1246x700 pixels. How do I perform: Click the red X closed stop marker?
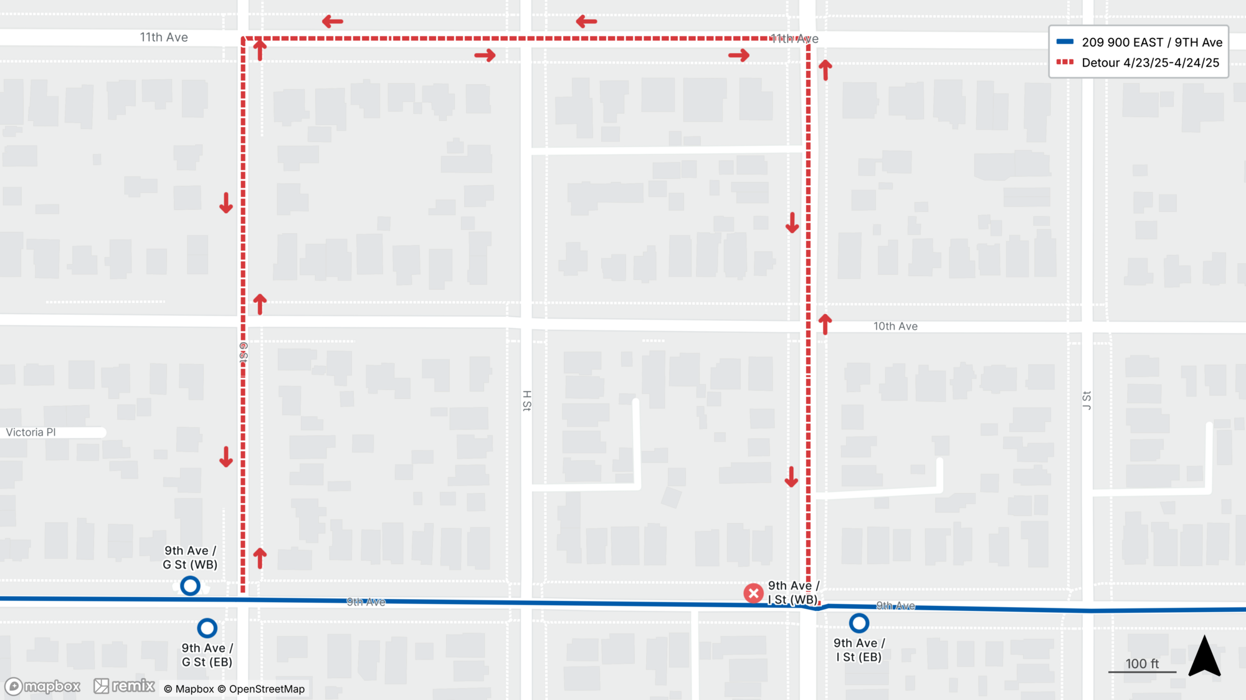click(753, 593)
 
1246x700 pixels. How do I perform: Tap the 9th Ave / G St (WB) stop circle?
click(190, 586)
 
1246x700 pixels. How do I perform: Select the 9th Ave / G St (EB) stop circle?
click(207, 628)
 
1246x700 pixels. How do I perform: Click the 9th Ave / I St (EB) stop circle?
click(858, 623)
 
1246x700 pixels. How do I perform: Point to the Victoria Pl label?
click(31, 433)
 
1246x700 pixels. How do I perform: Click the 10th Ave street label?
click(895, 327)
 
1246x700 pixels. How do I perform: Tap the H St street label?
click(527, 401)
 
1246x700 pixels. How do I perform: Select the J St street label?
click(1087, 401)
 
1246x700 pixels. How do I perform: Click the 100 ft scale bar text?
click(1141, 664)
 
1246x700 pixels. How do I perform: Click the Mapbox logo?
click(43, 686)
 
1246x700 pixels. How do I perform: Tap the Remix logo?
click(125, 686)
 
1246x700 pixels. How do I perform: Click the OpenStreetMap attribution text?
click(267, 689)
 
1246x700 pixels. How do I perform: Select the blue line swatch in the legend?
click(1065, 42)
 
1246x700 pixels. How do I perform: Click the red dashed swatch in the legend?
click(1065, 62)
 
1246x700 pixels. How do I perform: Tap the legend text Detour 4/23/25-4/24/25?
click(1150, 63)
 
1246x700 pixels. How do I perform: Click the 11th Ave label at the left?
click(164, 37)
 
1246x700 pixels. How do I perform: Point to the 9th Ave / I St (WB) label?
click(792, 593)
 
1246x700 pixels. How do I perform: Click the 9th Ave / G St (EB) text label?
click(207, 655)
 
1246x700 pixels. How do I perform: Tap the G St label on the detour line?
click(244, 353)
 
